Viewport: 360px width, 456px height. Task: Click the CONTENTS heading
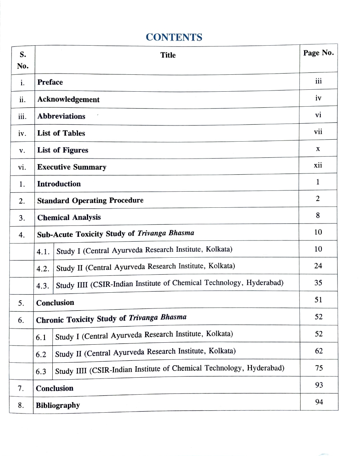pos(174,37)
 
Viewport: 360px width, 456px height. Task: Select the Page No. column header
pos(318,53)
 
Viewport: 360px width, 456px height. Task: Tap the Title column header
pos(168,55)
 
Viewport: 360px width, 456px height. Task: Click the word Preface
pos(50,82)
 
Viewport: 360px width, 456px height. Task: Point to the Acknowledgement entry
pos(68,100)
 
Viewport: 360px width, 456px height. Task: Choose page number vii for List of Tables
pos(318,132)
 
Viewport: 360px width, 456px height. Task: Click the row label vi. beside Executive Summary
pos(22,168)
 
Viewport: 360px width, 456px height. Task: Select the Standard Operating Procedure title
pos(90,200)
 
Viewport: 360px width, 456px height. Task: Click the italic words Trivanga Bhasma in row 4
pos(166,233)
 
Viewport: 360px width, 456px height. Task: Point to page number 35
pos(318,282)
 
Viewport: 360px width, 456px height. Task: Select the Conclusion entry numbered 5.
pos(55,303)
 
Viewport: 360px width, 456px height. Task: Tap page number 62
pos(319,351)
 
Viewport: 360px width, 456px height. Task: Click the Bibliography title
pos(58,405)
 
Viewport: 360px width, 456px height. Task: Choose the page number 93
pos(319,385)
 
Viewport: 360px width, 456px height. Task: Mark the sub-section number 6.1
pos(41,337)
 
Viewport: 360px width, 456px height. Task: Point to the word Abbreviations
pos(61,116)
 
